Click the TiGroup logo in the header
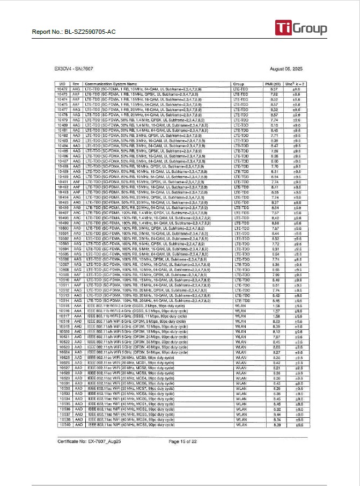click(300, 28)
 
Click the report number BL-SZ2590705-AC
click(74, 32)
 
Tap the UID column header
click(63, 84)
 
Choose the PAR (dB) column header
click(274, 84)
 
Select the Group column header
click(238, 84)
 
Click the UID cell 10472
click(63, 89)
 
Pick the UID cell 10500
click(63, 228)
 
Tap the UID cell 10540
click(63, 425)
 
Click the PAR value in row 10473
click(274, 94)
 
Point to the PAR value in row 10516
click(274, 311)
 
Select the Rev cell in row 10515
click(77, 306)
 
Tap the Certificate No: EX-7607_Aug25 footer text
click(89, 441)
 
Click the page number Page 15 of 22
click(183, 441)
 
